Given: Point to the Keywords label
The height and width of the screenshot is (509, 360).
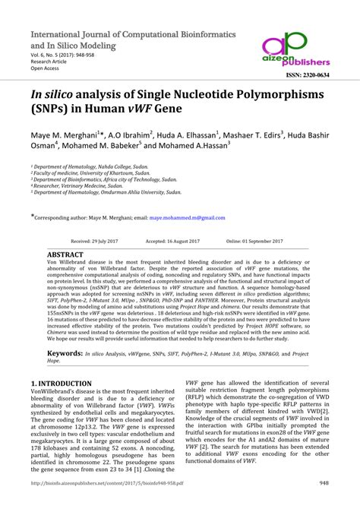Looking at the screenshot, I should [65, 353].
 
